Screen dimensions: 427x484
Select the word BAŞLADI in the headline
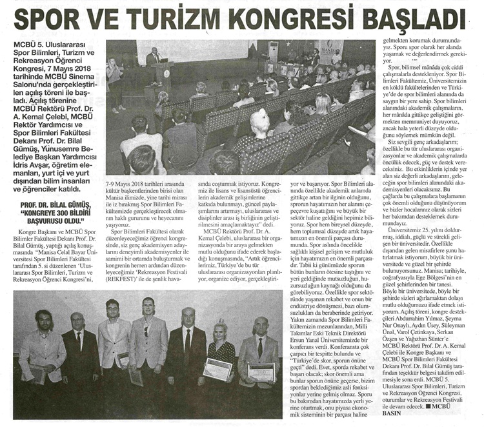coord(412,19)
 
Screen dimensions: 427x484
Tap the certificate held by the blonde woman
coord(217,368)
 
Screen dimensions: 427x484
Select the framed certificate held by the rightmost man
coord(261,372)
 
